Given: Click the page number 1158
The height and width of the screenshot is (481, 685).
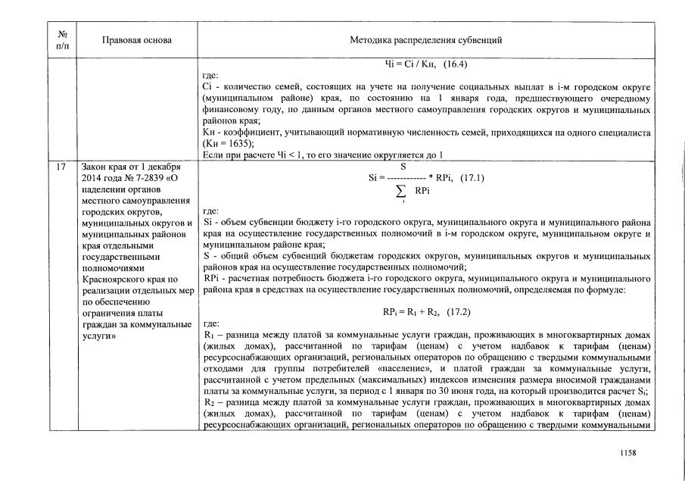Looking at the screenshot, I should click(x=626, y=453).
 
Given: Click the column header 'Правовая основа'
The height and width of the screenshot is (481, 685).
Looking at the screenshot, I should click(x=126, y=39).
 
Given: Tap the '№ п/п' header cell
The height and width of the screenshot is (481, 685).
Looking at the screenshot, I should click(x=61, y=39).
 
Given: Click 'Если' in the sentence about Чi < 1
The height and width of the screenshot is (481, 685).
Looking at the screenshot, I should click(x=213, y=155).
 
